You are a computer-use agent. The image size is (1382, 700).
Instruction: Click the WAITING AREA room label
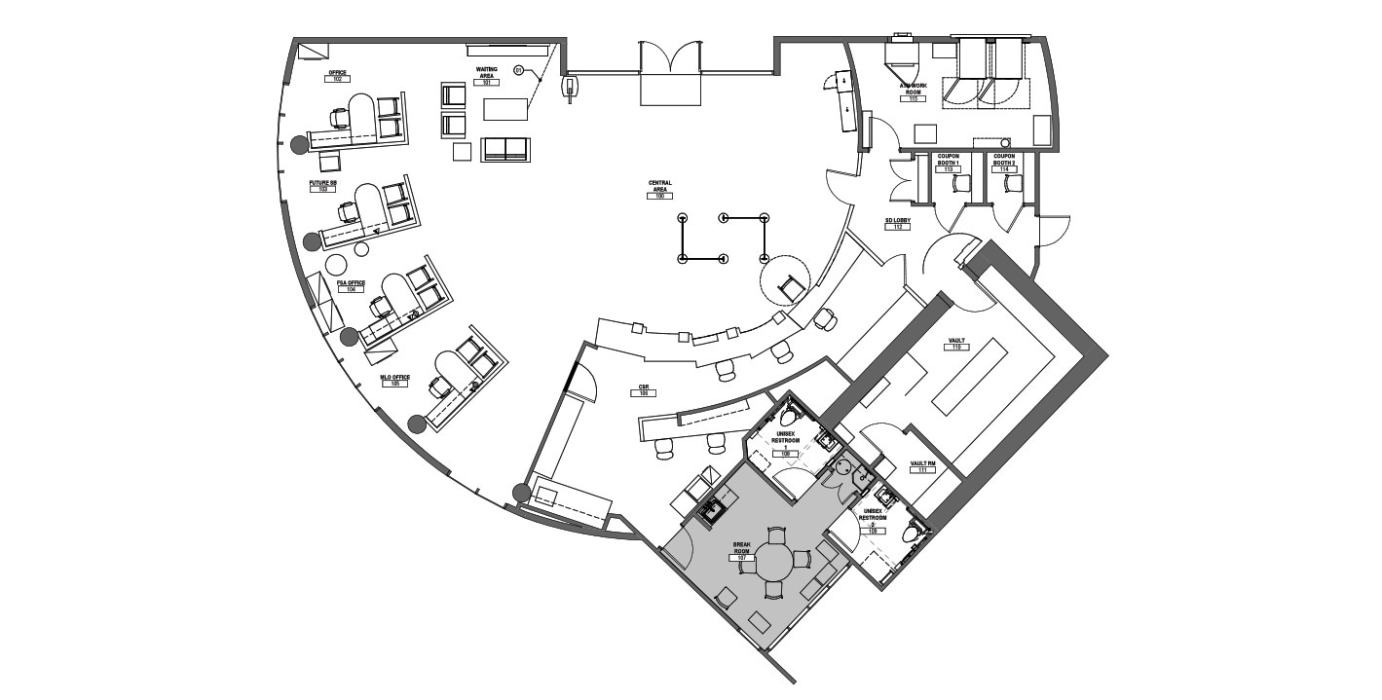click(x=486, y=72)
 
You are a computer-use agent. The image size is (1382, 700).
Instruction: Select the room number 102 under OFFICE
click(x=337, y=80)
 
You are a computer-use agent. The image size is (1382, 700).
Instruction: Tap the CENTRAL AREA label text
click(x=659, y=185)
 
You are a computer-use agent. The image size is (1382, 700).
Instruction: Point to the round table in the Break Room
click(x=776, y=562)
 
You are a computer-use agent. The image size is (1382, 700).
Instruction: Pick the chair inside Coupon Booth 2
click(x=1013, y=183)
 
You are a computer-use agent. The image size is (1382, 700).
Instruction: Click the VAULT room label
click(x=956, y=341)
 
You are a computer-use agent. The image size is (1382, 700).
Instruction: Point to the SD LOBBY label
click(x=896, y=222)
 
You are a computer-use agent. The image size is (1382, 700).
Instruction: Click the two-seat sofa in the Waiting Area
click(x=504, y=149)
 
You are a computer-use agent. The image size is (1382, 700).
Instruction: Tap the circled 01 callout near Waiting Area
click(x=518, y=70)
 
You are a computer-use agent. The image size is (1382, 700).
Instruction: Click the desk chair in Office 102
click(x=340, y=119)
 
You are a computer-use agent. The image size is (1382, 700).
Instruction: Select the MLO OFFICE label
click(x=395, y=377)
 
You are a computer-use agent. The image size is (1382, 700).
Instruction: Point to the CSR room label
click(x=644, y=387)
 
